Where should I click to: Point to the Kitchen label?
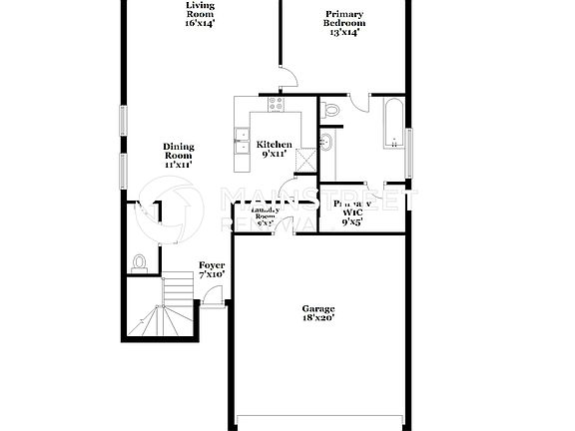[x=276, y=146]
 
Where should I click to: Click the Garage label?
[x=318, y=308]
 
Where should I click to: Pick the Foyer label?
[x=212, y=265]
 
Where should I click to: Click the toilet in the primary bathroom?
[x=332, y=106]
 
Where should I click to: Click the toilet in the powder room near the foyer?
[x=141, y=262]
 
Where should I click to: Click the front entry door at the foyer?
[x=213, y=295]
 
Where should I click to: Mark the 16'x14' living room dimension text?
[x=201, y=22]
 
